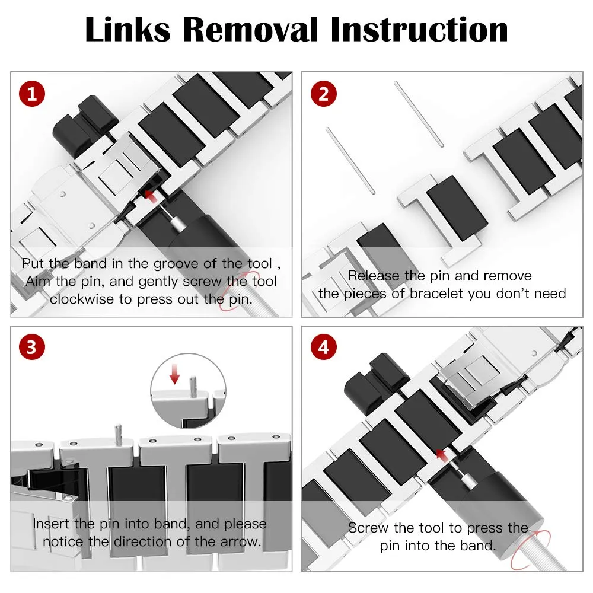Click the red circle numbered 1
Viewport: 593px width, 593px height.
point(32,94)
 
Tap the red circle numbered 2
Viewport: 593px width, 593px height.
point(324,94)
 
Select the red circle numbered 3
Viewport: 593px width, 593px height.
point(32,347)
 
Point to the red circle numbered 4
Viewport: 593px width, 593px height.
point(324,347)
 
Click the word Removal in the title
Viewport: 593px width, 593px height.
point(250,30)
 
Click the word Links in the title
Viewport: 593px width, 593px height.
point(128,30)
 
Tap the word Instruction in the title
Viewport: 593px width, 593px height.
point(419,30)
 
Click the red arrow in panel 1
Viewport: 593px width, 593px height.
point(152,197)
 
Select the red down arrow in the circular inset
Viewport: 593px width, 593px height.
point(175,374)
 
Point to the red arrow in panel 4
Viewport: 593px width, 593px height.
point(443,455)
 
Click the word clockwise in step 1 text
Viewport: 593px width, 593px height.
point(82,299)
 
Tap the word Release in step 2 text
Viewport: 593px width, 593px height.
point(373,276)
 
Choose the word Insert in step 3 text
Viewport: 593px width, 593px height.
point(51,524)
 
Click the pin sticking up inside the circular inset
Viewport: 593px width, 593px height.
point(193,387)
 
